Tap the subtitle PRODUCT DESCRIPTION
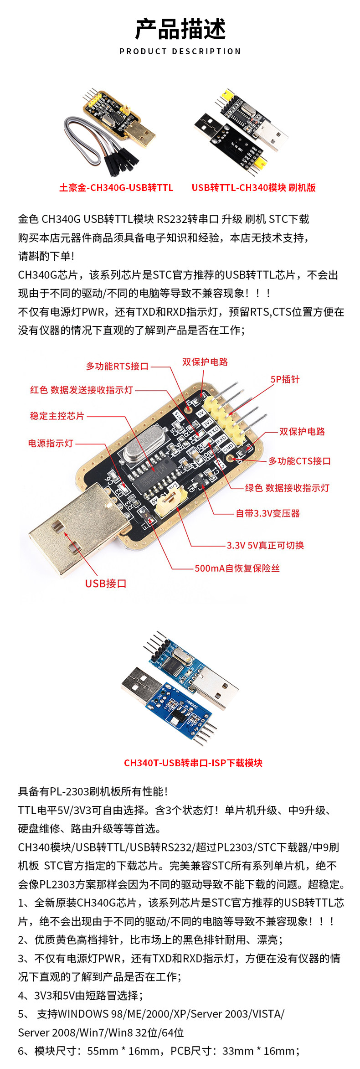(180, 52)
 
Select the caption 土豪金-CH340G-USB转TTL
(116, 188)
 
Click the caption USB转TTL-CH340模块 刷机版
(253, 188)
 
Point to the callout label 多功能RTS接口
(117, 367)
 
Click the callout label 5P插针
(285, 379)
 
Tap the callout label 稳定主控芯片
(57, 416)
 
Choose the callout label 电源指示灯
(51, 444)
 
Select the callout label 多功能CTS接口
(299, 461)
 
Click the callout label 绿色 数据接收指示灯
(287, 488)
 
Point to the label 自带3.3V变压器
(267, 514)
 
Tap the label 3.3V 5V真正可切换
(265, 546)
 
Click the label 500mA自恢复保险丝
(237, 568)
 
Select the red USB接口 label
(106, 584)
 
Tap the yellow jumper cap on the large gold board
(171, 501)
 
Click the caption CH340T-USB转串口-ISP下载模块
(193, 763)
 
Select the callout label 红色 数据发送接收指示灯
(82, 390)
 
